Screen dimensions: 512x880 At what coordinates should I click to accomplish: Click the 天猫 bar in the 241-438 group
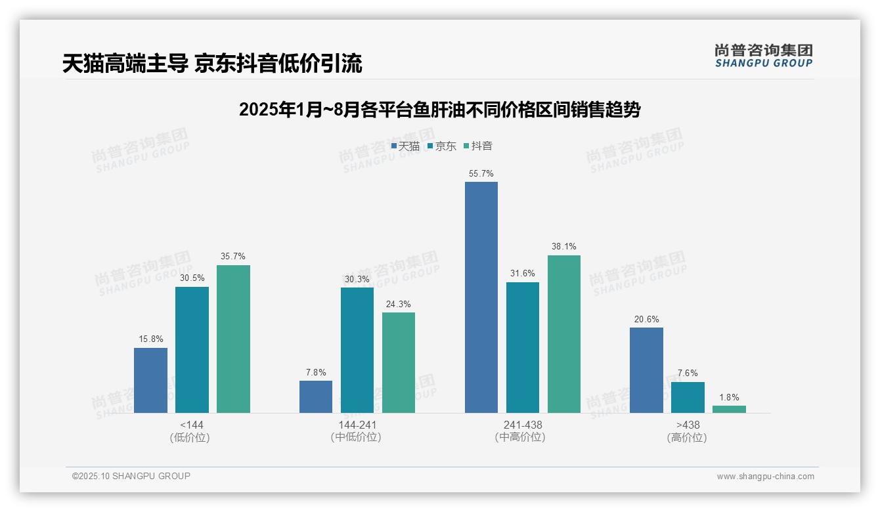(x=481, y=297)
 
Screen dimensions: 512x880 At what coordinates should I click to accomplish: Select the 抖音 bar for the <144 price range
(x=233, y=339)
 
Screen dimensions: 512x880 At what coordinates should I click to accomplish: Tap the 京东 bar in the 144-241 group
(x=357, y=350)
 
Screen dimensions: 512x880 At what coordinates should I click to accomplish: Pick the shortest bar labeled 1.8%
(x=729, y=409)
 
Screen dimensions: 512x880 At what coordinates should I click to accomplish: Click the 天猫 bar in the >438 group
(x=646, y=370)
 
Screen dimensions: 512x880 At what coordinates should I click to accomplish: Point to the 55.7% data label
(x=481, y=174)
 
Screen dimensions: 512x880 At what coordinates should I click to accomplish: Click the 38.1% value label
(x=564, y=247)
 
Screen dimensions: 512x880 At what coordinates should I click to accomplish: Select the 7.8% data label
(x=316, y=372)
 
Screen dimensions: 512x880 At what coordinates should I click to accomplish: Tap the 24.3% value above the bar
(x=399, y=304)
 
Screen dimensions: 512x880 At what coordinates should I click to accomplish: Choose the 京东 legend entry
(x=441, y=146)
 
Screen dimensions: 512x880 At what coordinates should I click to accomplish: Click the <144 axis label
(x=191, y=425)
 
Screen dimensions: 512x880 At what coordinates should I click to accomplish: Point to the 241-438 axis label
(x=523, y=425)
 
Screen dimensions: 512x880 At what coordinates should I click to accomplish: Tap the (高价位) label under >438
(x=687, y=437)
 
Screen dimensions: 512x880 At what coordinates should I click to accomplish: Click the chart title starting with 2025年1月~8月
(x=439, y=110)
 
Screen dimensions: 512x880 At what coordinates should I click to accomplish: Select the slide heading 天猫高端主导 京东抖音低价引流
(x=212, y=64)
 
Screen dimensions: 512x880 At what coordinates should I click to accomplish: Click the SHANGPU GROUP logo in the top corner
(x=763, y=56)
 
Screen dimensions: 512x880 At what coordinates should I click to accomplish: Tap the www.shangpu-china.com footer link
(x=765, y=477)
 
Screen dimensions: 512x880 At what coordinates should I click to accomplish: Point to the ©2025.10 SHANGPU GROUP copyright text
(x=131, y=476)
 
